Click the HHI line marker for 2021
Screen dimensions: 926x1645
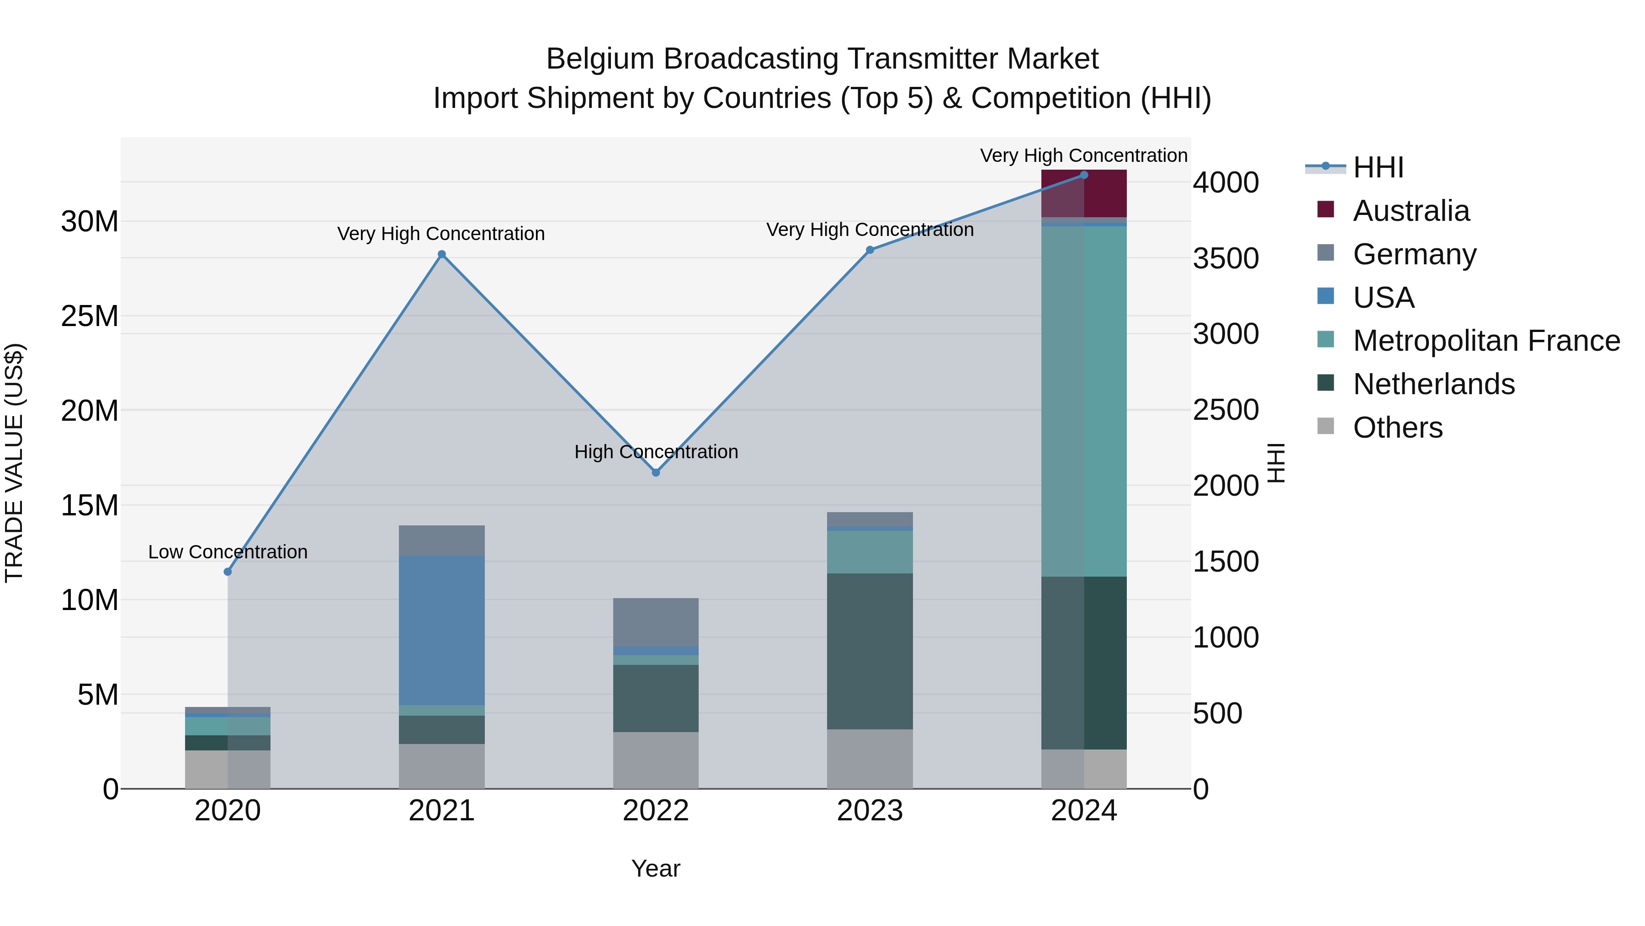click(x=441, y=254)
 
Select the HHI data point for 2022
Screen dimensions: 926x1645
click(x=655, y=472)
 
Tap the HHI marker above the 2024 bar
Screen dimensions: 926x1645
click(x=1084, y=175)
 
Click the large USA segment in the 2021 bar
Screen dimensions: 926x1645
click(x=441, y=630)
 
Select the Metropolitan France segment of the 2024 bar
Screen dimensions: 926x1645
click(x=1084, y=401)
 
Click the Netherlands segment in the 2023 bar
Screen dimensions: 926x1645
click(x=869, y=651)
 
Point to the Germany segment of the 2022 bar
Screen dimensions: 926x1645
click(x=655, y=622)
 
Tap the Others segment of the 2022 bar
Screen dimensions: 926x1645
click(x=655, y=760)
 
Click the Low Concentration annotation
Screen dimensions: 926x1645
click(x=228, y=551)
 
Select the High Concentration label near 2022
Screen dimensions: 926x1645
click(x=656, y=452)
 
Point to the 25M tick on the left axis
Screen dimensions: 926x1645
click(x=90, y=316)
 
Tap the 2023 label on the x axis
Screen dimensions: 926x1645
click(x=869, y=811)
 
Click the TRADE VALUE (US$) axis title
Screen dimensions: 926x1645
click(x=14, y=463)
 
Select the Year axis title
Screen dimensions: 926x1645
click(x=655, y=868)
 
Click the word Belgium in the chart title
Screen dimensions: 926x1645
click(x=600, y=59)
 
